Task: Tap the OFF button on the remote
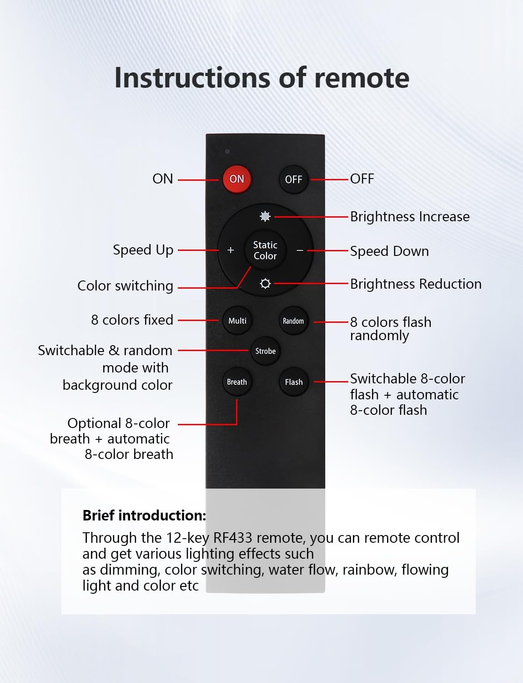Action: [x=293, y=179]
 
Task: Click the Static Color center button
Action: [x=265, y=250]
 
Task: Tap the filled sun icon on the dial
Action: [x=265, y=216]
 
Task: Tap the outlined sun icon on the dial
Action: [x=265, y=284]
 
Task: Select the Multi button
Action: [x=237, y=321]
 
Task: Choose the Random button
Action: [x=293, y=321]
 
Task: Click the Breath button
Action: [x=237, y=382]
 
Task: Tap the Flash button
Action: [x=293, y=382]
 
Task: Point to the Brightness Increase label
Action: [x=409, y=217]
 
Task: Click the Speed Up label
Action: [x=143, y=250]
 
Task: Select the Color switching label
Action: [x=125, y=286]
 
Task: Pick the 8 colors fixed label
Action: [x=132, y=320]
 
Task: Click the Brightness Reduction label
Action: [x=415, y=284]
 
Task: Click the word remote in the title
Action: [x=362, y=78]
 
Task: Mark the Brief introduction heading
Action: [x=144, y=515]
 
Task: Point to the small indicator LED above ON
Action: [x=227, y=152]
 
